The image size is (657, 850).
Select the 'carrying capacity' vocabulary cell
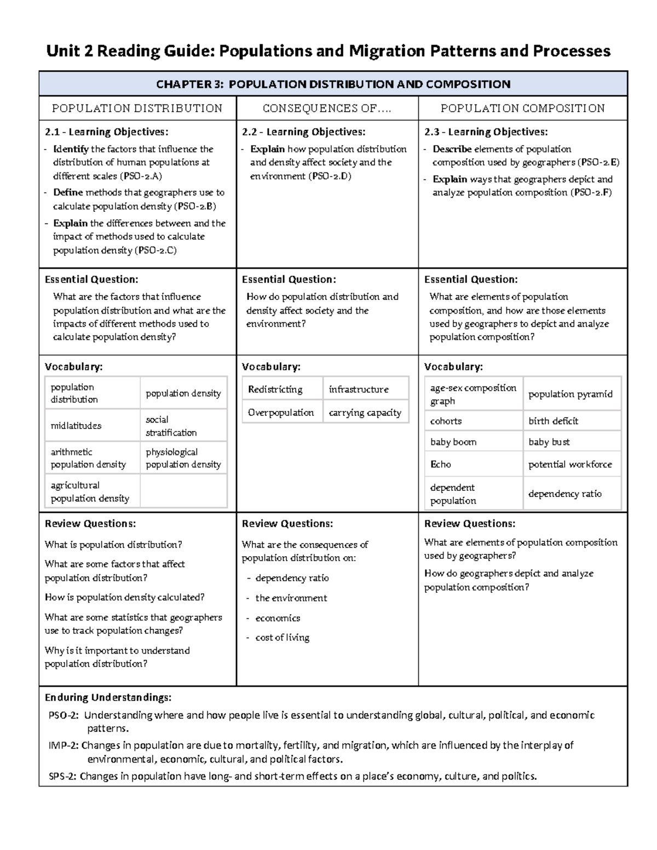tap(365, 413)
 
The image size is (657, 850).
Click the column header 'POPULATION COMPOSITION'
tap(522, 108)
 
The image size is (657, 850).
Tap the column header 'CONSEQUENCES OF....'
tap(327, 108)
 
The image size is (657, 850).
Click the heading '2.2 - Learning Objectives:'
tap(303, 132)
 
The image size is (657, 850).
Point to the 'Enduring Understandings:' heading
tap(108, 697)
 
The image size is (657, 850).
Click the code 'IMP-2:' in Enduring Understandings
tap(64, 745)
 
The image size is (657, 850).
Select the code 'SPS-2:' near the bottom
tap(63, 776)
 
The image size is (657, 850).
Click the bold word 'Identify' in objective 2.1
tap(71, 149)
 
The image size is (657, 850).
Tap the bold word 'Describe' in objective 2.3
tap(452, 149)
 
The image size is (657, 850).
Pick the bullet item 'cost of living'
tap(282, 638)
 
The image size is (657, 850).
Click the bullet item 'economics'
tap(278, 618)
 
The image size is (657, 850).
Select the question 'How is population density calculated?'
tap(124, 597)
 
